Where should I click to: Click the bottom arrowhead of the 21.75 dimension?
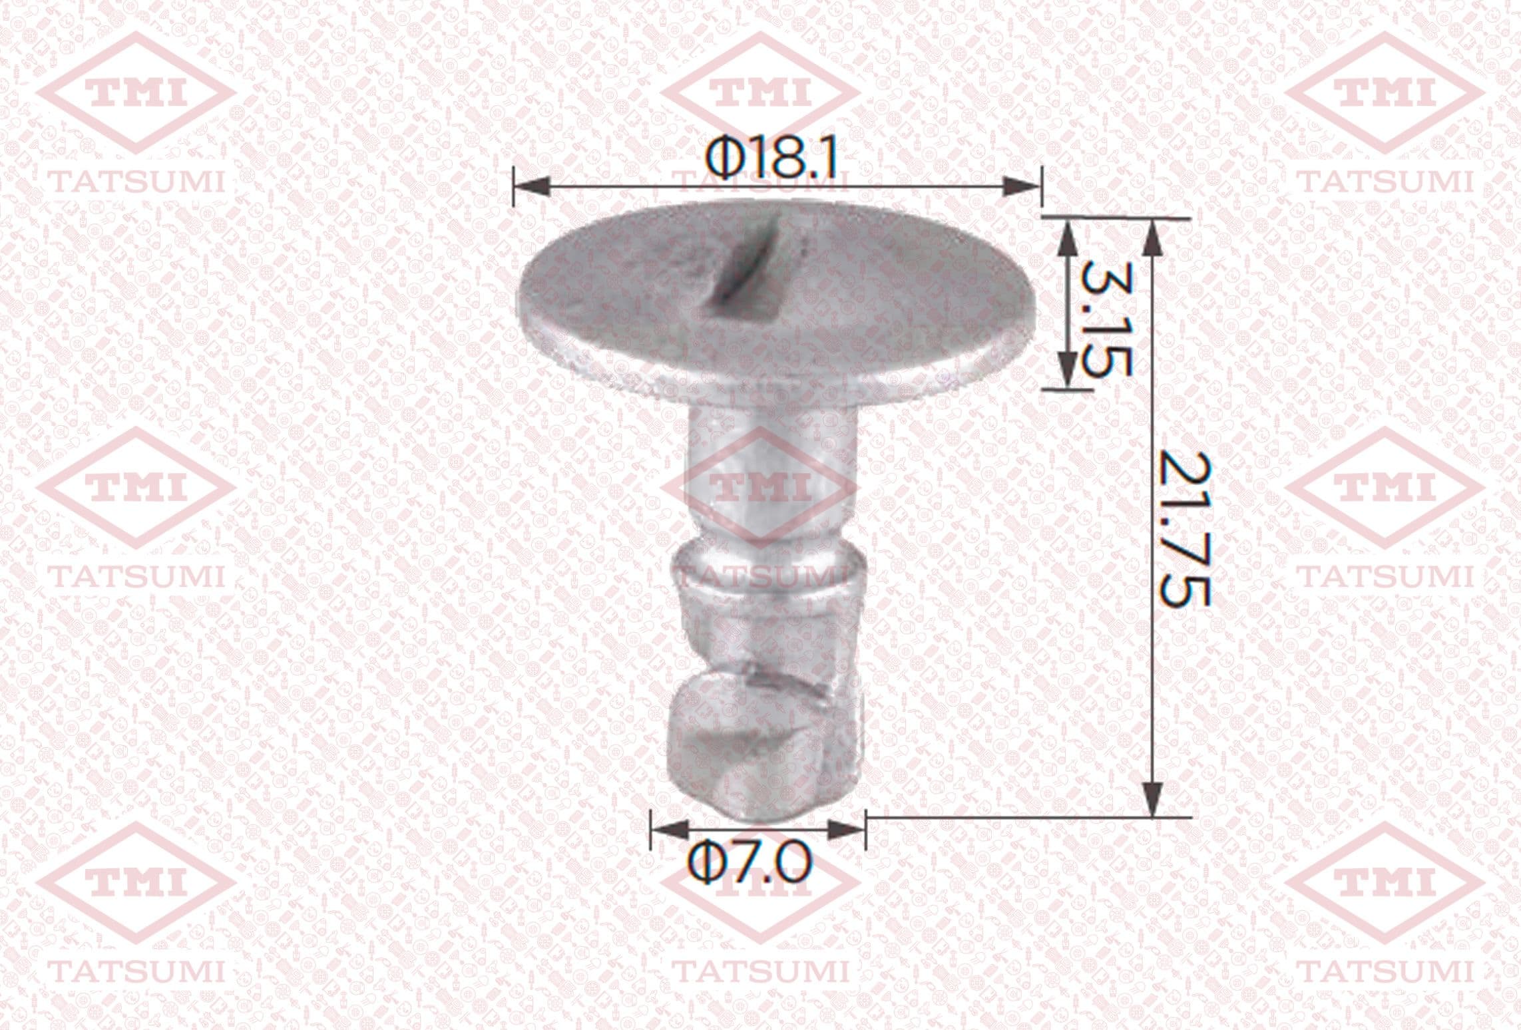pyautogui.click(x=1152, y=796)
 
